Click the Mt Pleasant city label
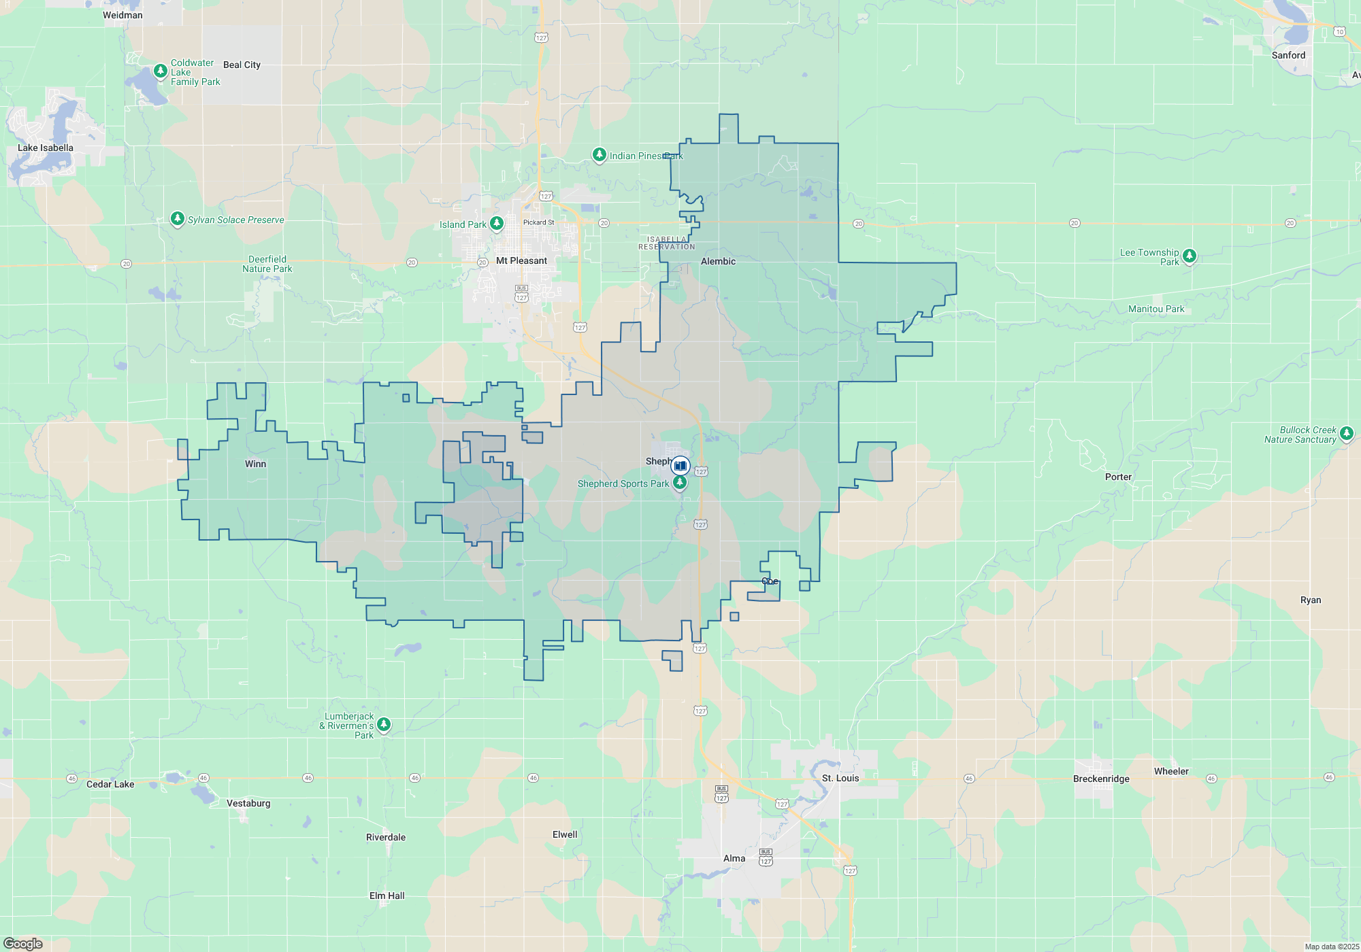pos(521,261)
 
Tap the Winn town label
pos(255,464)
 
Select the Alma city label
pos(734,858)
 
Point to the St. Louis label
pos(840,778)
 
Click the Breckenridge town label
pos(1100,779)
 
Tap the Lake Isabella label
pos(46,148)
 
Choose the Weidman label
pos(122,15)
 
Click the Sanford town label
pos(1288,55)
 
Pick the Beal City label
pos(242,65)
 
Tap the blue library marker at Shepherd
pos(680,466)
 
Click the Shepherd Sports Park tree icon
pos(679,482)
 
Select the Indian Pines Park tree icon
pos(599,155)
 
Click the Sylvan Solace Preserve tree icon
pos(177,219)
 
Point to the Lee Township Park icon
pos(1189,256)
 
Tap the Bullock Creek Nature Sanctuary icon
pos(1346,433)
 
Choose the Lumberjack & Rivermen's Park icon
pos(384,724)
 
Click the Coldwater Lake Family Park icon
pos(160,71)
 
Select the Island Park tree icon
pos(497,223)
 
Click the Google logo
pos(23,944)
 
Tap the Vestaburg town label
pos(248,803)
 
